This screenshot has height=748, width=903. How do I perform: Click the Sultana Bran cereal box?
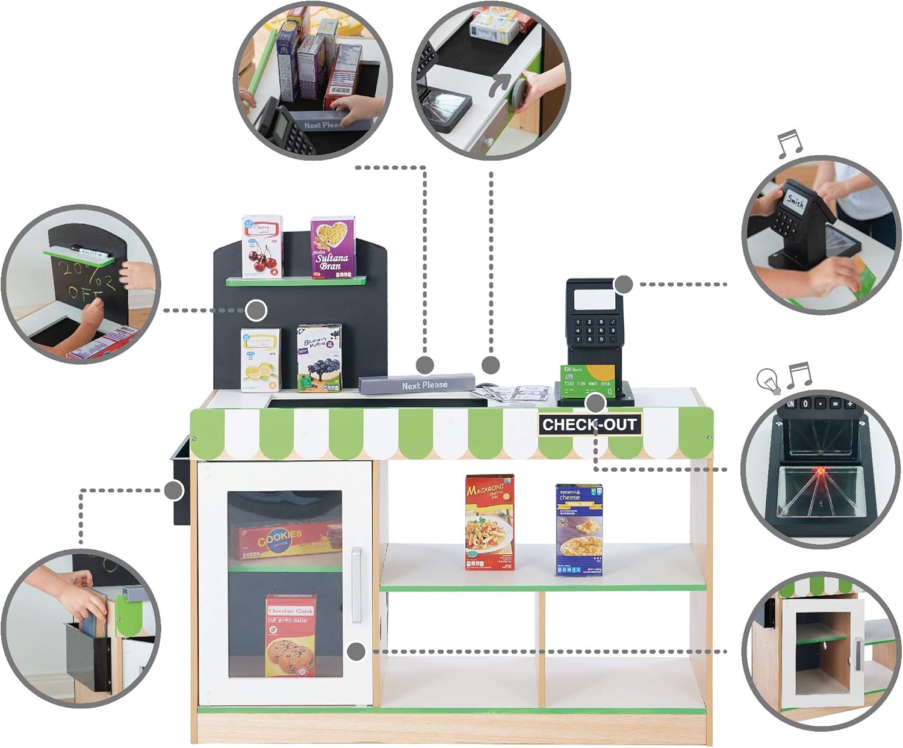332,248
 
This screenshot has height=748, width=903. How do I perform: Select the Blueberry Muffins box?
319,358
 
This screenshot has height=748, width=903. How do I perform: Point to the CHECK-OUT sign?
588,424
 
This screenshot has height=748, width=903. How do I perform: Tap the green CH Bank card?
587,380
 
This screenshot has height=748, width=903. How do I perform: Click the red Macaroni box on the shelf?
489,522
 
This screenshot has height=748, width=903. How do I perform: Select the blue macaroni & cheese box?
579,530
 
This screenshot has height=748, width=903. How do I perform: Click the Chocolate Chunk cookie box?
291,635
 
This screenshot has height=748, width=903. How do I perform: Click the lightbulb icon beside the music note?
769,380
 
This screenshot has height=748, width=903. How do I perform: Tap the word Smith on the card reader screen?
795,201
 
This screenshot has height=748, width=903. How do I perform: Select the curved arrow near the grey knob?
499,87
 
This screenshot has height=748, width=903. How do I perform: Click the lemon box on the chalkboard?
261,359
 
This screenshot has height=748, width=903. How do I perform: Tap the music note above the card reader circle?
790,144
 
